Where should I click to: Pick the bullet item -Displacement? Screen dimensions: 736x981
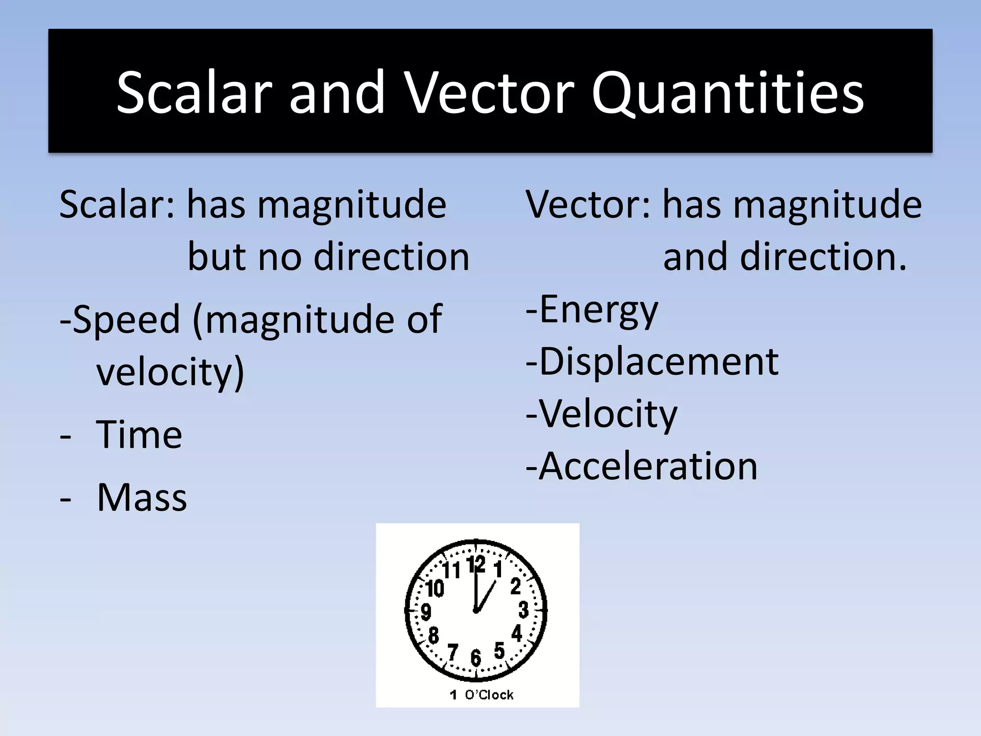pyautogui.click(x=652, y=362)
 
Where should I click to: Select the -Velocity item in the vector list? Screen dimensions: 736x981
pyautogui.click(x=601, y=414)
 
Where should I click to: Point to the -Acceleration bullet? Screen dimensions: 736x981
pyautogui.click(x=641, y=466)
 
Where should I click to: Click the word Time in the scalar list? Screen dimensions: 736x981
pyautogui.click(x=139, y=435)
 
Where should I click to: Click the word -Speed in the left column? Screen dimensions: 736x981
pyautogui.click(x=120, y=320)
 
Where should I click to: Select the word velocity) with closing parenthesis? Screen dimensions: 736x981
pyautogui.click(x=170, y=372)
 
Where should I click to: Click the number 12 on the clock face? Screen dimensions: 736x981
pyautogui.click(x=476, y=564)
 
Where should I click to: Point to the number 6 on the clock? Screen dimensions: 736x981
pyautogui.click(x=476, y=657)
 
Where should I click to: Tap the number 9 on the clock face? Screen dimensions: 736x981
pyautogui.click(x=426, y=612)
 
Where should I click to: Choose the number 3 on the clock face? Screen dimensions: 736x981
pyautogui.click(x=524, y=610)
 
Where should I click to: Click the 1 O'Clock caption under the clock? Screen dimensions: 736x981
pyautogui.click(x=481, y=695)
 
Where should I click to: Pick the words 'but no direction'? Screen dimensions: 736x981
pyautogui.click(x=328, y=257)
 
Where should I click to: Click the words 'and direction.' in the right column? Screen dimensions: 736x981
pyautogui.click(x=785, y=257)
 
